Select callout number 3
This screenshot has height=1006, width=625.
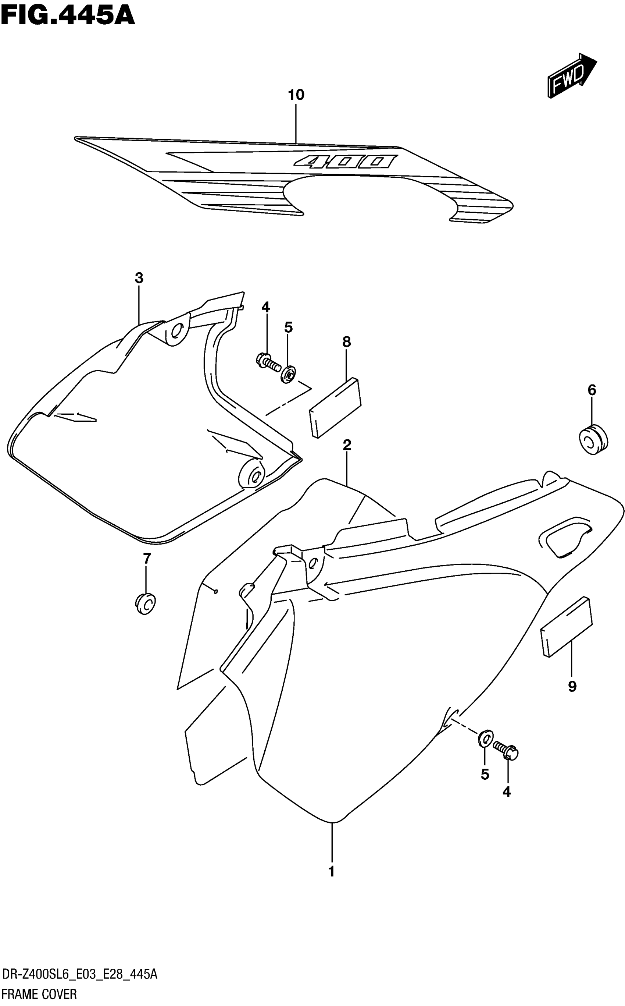pos(139,278)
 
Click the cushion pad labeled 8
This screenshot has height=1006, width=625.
pos(336,407)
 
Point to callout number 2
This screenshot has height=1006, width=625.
pos(347,445)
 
